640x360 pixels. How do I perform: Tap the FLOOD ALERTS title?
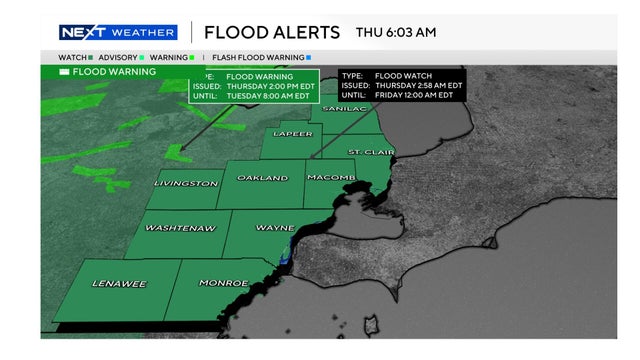(x=261, y=33)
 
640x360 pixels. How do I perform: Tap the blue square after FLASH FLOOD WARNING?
(x=308, y=57)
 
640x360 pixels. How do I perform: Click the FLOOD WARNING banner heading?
(x=114, y=72)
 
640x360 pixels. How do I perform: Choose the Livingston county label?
(x=186, y=184)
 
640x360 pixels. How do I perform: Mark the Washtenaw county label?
(x=180, y=228)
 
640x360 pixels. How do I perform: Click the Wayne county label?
(x=275, y=228)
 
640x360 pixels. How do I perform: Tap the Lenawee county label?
(x=119, y=284)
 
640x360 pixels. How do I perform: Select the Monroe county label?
(x=223, y=284)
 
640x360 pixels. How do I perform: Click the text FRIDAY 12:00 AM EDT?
(x=420, y=98)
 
